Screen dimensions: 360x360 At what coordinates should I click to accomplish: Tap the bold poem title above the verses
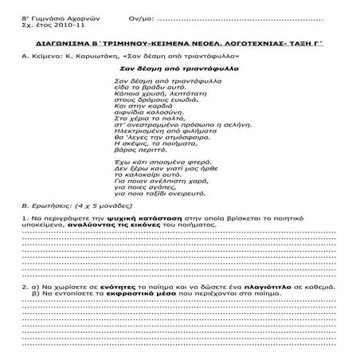(x=179, y=70)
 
